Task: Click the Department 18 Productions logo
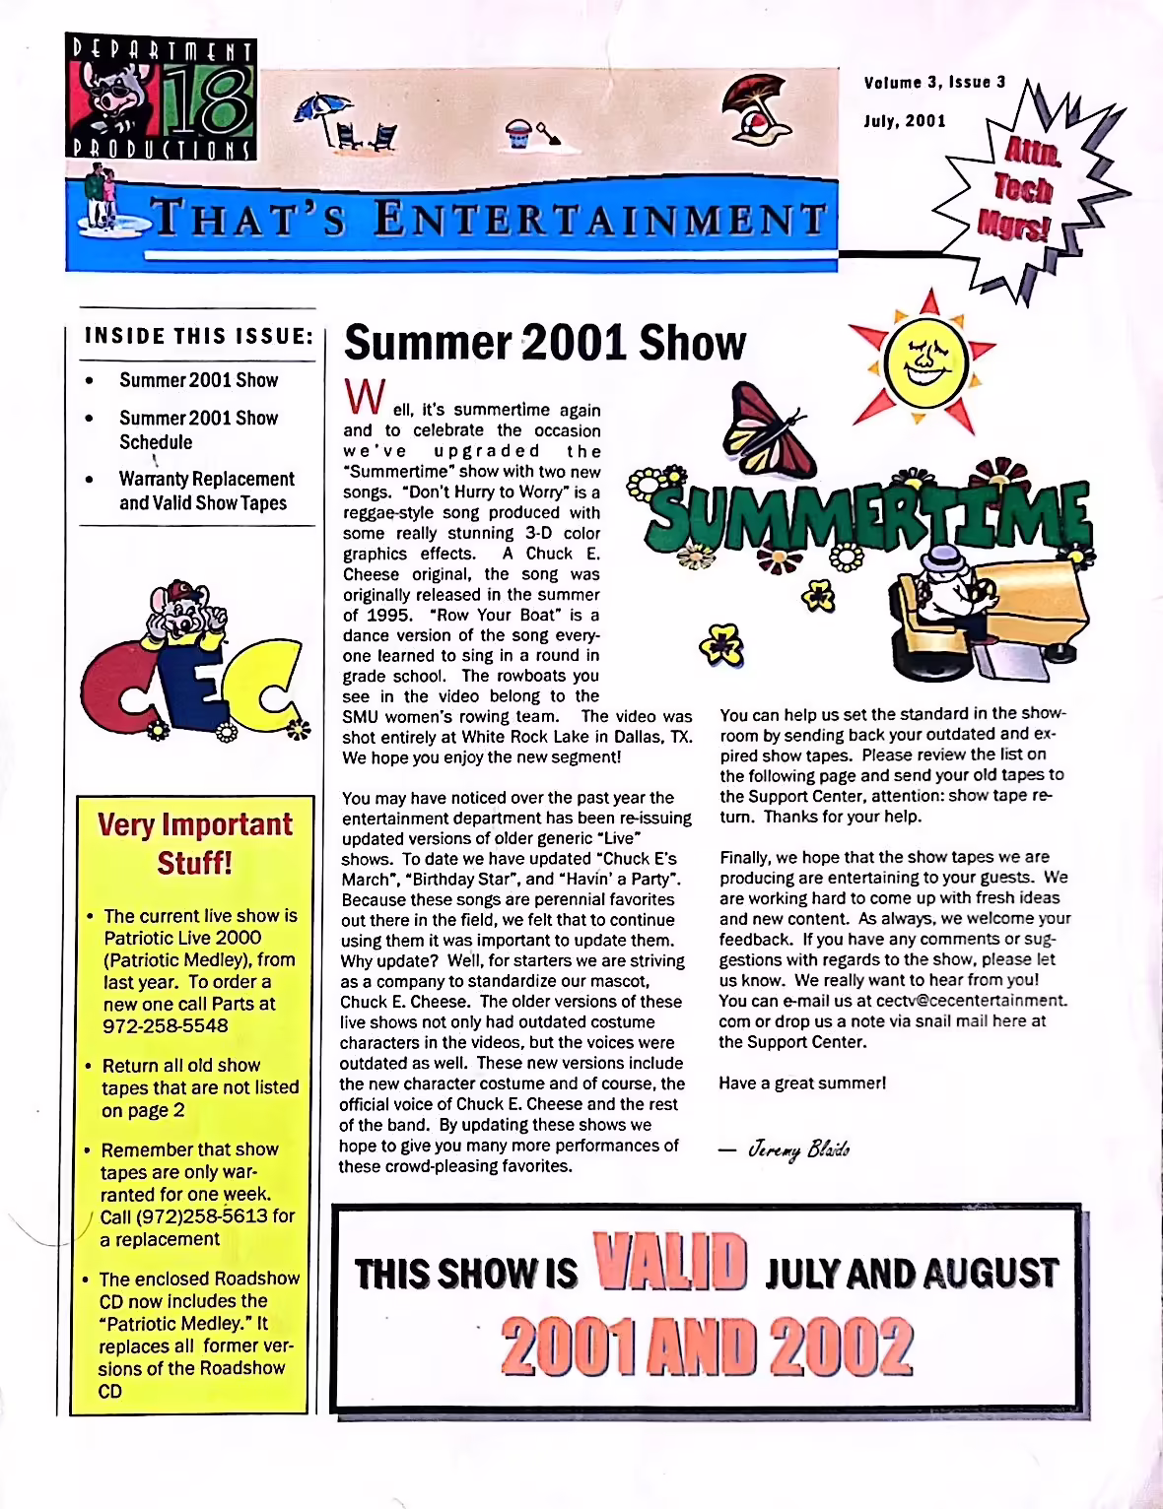[163, 98]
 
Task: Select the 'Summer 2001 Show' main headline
[544, 343]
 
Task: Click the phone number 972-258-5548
[166, 1025]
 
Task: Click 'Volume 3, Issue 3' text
[934, 82]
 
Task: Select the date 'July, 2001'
[905, 121]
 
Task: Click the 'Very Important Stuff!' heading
[195, 842]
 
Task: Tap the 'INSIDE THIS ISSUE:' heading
[199, 336]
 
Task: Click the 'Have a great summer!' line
[802, 1083]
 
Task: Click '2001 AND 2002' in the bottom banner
[707, 1346]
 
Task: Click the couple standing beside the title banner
[101, 197]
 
